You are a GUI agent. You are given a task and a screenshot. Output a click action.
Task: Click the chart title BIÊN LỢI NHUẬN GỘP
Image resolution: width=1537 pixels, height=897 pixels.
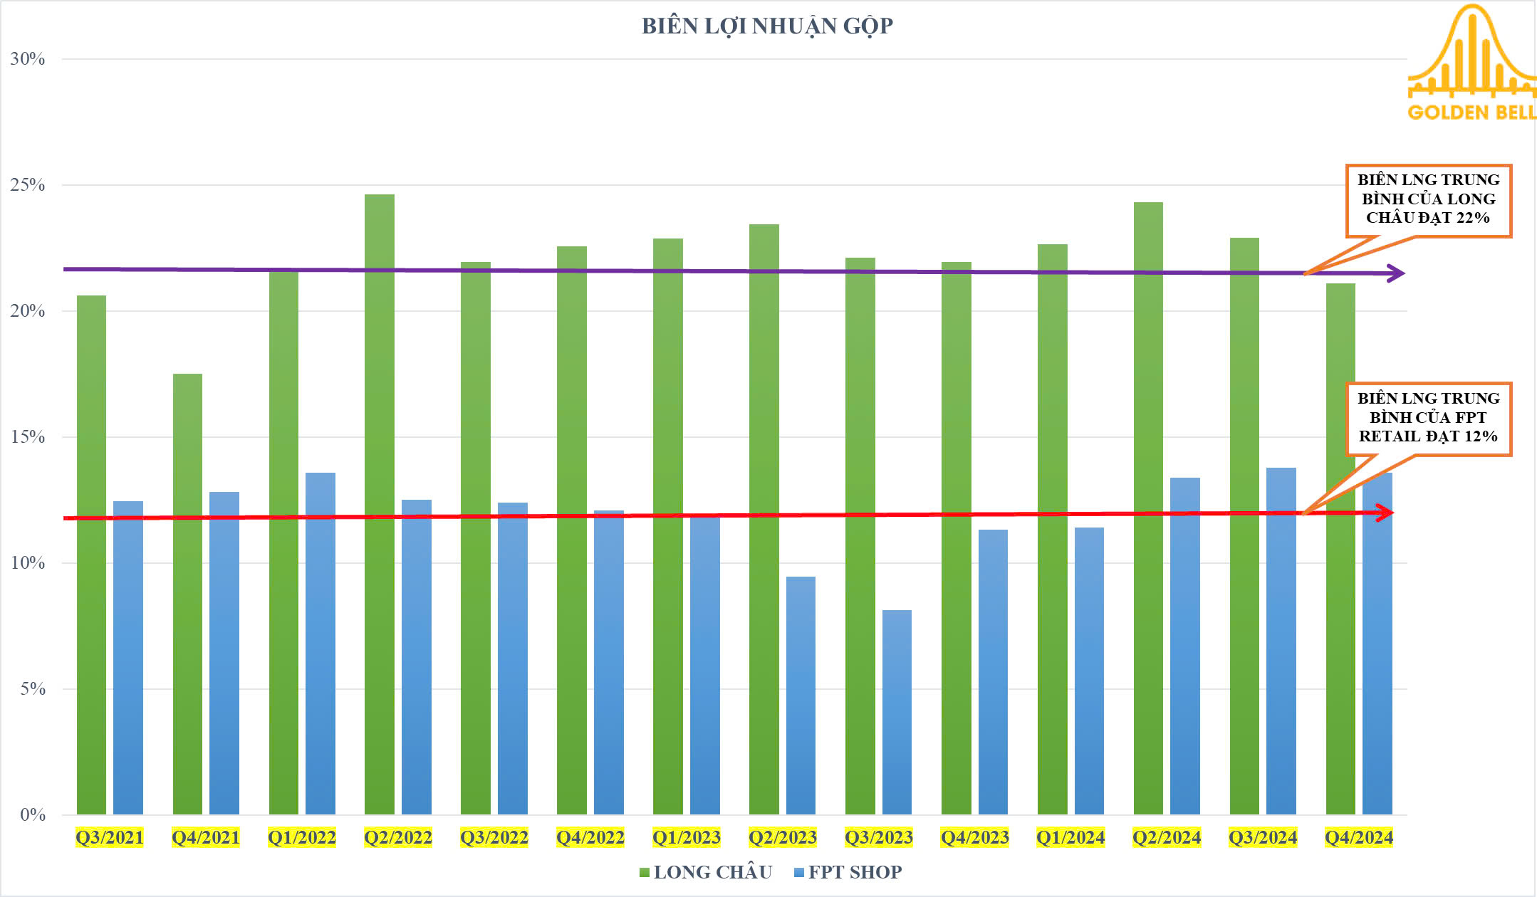(767, 26)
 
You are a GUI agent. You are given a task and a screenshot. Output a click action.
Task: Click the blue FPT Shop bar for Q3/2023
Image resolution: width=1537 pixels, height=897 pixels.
(897, 712)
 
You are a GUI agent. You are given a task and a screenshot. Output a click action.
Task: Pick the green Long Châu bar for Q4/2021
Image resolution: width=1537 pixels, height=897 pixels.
(187, 594)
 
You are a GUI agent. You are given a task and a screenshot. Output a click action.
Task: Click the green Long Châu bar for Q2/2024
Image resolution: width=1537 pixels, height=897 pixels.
(1148, 508)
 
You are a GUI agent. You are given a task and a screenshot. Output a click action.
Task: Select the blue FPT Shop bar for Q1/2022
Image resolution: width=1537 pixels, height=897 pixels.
(321, 644)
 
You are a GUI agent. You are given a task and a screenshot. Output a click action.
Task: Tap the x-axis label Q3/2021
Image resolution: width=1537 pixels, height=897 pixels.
(110, 838)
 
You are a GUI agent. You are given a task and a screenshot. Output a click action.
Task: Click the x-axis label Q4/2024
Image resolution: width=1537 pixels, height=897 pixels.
(1358, 838)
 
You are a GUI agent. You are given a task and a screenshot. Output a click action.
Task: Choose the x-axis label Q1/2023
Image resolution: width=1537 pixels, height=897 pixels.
(687, 838)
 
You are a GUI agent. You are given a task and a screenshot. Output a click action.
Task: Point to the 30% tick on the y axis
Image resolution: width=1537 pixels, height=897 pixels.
(28, 59)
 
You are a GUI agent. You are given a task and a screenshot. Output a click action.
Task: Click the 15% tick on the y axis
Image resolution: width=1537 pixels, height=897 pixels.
(28, 437)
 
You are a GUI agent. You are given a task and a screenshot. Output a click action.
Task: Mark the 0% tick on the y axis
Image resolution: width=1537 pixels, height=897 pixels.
(33, 814)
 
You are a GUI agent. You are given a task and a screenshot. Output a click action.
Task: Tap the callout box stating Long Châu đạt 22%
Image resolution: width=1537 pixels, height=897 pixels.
(1428, 200)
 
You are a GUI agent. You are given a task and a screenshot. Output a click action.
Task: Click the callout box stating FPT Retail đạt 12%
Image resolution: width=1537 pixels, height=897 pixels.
(1428, 418)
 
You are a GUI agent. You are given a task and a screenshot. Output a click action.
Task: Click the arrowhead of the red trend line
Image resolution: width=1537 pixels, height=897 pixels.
(1385, 513)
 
